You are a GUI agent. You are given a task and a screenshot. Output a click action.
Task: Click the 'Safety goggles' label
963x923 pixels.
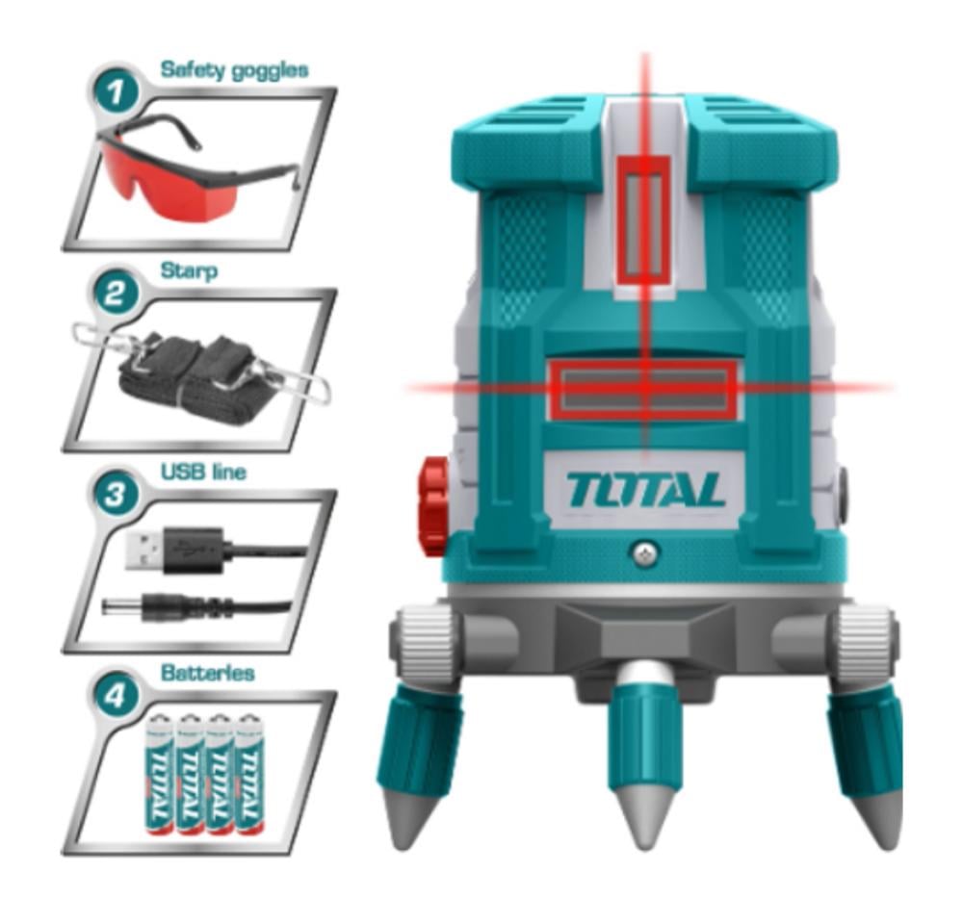234,70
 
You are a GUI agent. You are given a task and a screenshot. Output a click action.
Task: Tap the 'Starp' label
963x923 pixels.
189,271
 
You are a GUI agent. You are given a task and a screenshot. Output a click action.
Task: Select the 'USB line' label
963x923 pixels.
203,472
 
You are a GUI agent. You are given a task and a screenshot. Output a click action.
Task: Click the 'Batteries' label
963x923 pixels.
208,673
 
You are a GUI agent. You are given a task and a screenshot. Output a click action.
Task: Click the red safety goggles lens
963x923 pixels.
169,179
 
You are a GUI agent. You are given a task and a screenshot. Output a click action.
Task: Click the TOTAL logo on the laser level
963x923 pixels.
645,490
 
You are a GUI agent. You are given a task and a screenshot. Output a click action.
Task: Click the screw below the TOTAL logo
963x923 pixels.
643,552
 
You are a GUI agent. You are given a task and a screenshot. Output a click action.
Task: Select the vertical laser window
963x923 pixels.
643,221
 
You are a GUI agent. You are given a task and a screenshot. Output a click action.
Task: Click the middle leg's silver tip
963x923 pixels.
645,817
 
